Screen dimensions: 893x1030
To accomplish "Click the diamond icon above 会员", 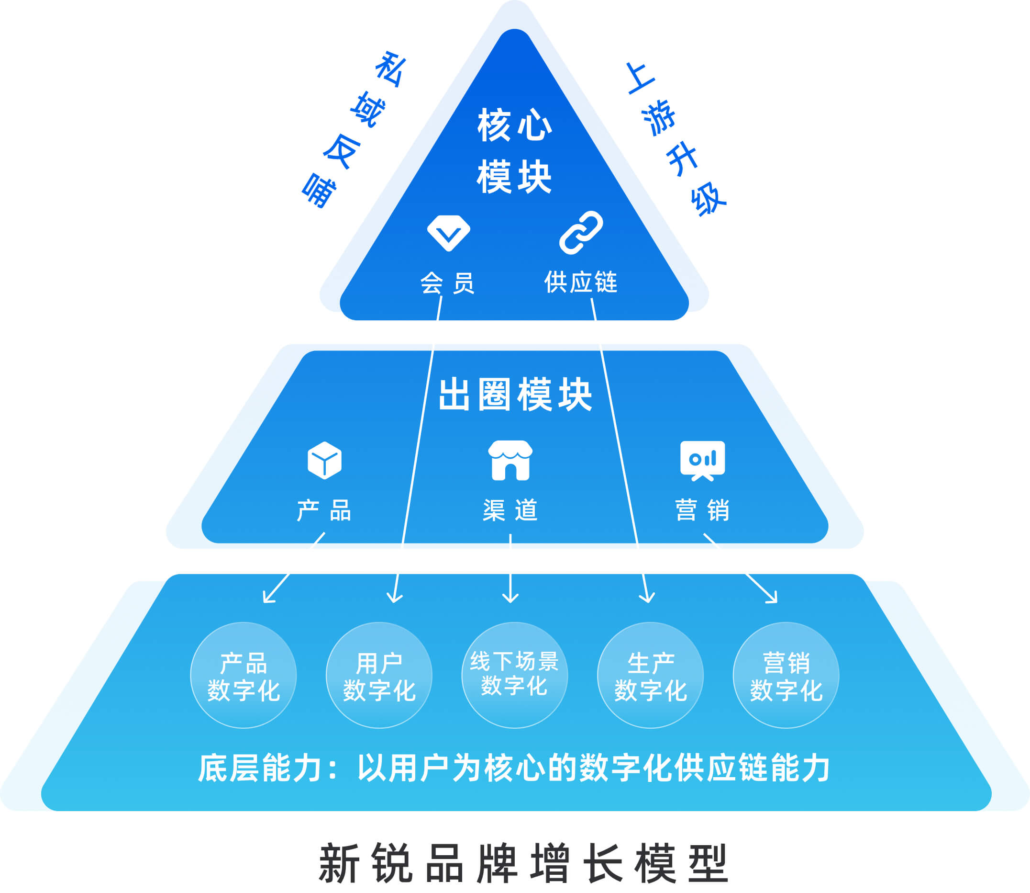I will (448, 233).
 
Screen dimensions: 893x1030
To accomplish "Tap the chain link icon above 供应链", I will (580, 233).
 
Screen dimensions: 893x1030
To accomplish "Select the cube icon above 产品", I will (324, 461).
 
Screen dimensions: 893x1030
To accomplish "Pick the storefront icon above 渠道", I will (510, 461).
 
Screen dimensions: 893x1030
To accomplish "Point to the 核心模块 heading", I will (514, 150).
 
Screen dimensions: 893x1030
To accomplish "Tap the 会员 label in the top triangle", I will (447, 283).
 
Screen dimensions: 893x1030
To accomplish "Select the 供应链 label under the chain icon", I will (580, 283).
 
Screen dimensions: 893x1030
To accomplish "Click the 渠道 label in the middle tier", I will (510, 510).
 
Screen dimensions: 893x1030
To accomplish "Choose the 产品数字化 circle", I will (244, 675).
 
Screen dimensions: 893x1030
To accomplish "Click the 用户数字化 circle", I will (379, 675).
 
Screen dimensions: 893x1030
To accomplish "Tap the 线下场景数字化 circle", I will (514, 675).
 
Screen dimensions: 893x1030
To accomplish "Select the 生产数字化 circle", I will (650, 675).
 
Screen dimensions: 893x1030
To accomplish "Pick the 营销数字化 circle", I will (786, 675).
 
